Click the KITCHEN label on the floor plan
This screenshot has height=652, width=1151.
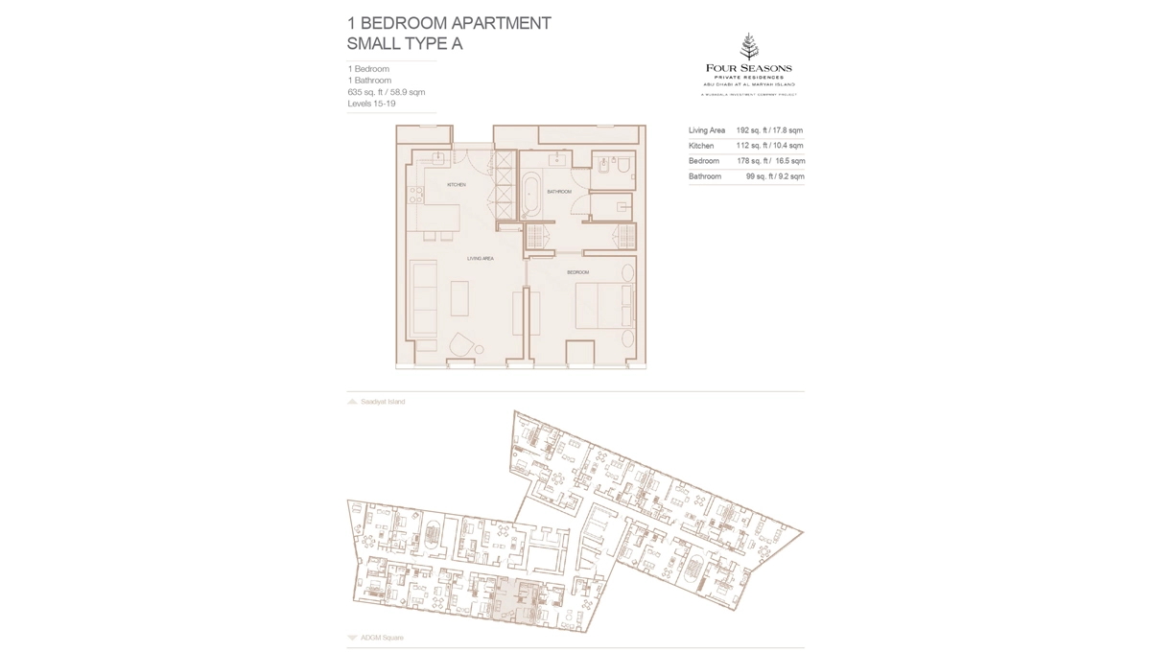point(457,184)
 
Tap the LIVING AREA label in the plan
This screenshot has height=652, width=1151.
point(481,259)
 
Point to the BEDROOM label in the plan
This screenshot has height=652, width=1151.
point(577,272)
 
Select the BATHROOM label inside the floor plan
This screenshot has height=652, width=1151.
point(559,192)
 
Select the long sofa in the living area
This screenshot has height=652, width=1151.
point(423,299)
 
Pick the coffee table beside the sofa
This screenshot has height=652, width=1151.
point(459,298)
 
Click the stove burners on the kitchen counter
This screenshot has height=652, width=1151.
point(415,195)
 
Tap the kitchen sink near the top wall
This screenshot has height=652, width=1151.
point(437,158)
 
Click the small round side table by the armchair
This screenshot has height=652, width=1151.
point(480,349)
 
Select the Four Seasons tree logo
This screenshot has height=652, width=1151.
point(749,46)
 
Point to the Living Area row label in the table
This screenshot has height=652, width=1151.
point(707,130)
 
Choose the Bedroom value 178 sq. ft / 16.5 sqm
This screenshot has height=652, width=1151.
point(770,161)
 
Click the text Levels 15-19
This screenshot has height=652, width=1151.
point(371,104)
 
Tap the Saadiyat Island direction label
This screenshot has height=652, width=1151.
point(383,402)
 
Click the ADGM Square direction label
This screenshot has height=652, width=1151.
point(382,638)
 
